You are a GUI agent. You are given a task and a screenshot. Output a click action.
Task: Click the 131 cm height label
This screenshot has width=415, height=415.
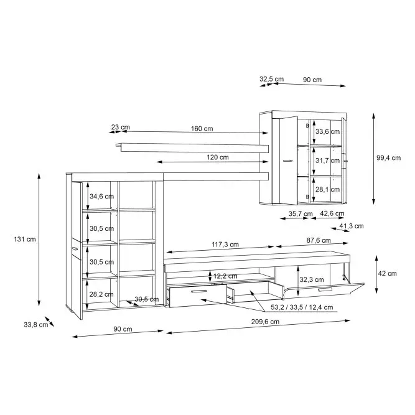(25, 240)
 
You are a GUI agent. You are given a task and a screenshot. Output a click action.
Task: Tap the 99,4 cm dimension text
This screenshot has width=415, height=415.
(388, 158)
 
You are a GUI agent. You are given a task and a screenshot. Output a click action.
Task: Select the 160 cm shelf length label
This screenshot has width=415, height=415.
(202, 129)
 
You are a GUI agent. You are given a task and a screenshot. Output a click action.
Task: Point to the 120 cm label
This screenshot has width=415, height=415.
(218, 157)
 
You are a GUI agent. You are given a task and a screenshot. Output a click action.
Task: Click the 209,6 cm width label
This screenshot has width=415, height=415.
(265, 322)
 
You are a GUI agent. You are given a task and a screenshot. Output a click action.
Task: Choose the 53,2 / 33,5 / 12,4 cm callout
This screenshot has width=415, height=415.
(302, 307)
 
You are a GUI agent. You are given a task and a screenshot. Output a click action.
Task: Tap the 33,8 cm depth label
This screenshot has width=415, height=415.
(36, 325)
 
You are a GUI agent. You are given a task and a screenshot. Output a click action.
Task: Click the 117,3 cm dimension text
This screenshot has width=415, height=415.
(225, 245)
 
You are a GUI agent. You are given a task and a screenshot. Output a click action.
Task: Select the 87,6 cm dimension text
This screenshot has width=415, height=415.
(319, 240)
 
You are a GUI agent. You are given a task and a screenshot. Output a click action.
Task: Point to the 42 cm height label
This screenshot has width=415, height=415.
(387, 273)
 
